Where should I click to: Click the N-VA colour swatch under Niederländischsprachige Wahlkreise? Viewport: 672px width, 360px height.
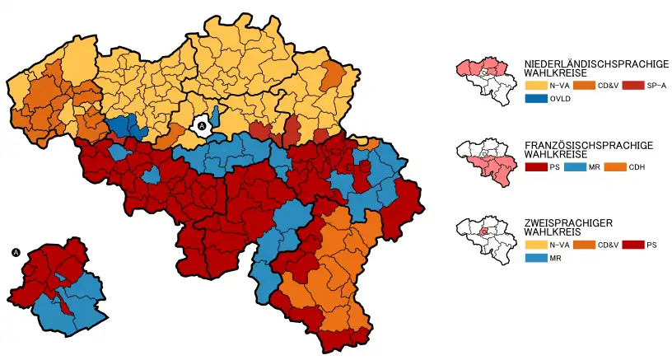[534, 86]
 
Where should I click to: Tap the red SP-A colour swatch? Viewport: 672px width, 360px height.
[632, 86]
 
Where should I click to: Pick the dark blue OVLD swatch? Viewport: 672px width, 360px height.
[534, 99]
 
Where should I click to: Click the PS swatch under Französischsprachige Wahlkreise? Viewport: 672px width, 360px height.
[534, 167]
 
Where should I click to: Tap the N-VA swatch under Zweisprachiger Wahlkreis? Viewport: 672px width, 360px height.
[534, 245]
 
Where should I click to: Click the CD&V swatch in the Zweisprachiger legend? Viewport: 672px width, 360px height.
[583, 245]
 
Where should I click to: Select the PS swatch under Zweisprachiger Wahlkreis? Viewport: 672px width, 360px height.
[632, 245]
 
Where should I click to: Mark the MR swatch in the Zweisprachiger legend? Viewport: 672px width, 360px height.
[534, 259]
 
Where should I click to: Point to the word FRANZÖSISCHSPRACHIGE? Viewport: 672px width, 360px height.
[588, 145]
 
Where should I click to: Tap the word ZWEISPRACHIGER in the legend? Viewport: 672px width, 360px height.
[567, 223]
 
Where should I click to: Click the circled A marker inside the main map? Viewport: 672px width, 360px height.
[202, 125]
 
